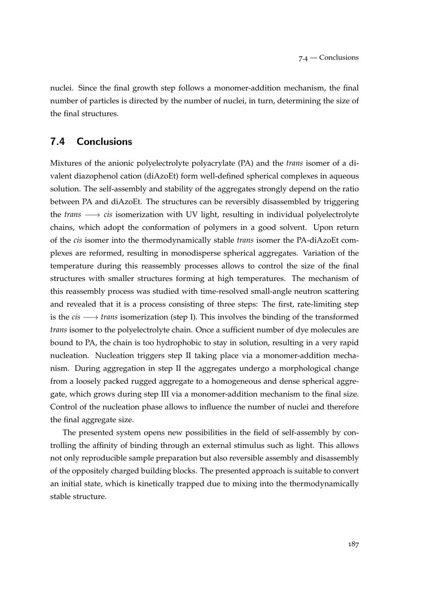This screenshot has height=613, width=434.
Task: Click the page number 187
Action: click(353, 545)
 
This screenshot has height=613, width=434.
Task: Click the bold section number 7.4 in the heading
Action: click(59, 142)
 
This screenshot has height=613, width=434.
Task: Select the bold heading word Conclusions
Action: click(104, 142)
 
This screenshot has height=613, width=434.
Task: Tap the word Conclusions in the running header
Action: click(339, 58)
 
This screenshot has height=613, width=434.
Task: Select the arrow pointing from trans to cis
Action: click(92, 215)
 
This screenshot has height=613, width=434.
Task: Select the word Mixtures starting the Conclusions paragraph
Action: click(66, 163)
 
